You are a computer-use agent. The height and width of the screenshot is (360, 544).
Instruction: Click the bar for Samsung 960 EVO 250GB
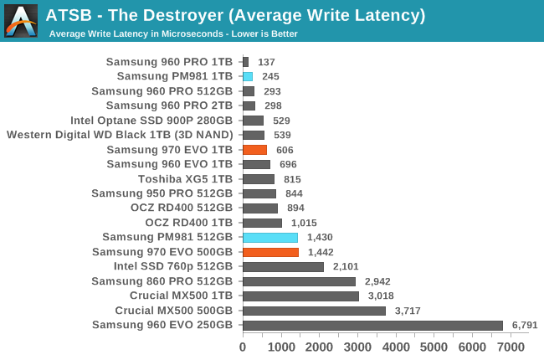[x=372, y=326]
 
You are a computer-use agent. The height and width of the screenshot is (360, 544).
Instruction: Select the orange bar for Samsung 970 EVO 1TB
[x=254, y=150]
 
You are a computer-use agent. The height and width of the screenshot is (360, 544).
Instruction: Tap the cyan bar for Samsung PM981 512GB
[x=269, y=238]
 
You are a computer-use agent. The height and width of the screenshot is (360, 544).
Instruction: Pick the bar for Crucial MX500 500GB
[x=314, y=311]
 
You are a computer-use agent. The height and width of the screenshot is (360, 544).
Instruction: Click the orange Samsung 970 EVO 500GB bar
[x=270, y=252]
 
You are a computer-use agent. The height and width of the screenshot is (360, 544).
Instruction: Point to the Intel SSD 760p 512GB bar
[x=283, y=267]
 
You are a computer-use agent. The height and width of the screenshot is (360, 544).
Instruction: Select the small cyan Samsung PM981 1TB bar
[x=248, y=76]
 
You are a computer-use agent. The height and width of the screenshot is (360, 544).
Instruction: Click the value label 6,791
[x=526, y=326]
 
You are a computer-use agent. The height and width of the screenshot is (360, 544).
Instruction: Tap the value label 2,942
[x=378, y=281]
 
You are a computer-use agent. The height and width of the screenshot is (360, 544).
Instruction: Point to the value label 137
[x=267, y=62]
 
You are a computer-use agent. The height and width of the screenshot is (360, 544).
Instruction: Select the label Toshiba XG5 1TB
[x=185, y=179]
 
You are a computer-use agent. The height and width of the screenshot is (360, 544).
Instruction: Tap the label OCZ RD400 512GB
[x=181, y=208]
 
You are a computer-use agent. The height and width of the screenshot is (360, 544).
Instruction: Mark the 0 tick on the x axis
[x=243, y=347]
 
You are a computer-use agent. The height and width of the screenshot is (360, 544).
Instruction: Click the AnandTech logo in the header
[x=21, y=20]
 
